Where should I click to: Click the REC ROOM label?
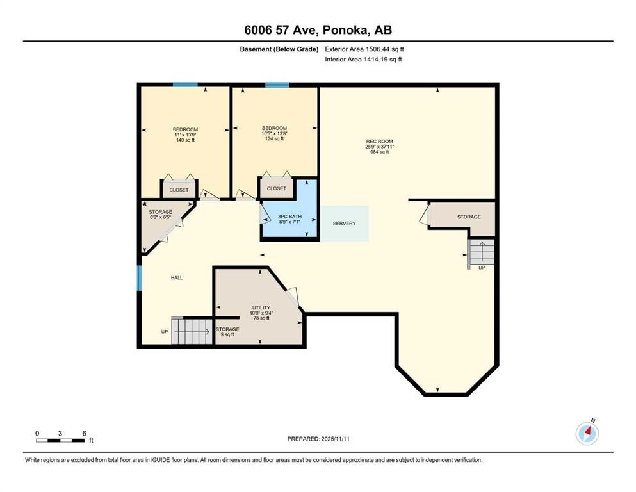379,147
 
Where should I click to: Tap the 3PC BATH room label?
289,219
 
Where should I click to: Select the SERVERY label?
344,224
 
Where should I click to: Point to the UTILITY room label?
261,313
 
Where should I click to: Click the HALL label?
176,278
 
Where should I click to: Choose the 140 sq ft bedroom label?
185,135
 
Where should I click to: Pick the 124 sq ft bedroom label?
274,133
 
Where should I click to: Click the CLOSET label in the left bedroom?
179,190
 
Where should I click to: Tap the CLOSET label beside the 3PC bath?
276,188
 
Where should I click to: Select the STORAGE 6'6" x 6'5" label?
160,214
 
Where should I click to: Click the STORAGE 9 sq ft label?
227,332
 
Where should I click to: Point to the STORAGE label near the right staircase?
469,217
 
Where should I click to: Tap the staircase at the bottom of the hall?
192,331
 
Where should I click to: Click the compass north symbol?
587,433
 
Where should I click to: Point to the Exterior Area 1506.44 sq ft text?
364,49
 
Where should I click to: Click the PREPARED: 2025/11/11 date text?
318,439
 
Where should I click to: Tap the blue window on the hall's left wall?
139,278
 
